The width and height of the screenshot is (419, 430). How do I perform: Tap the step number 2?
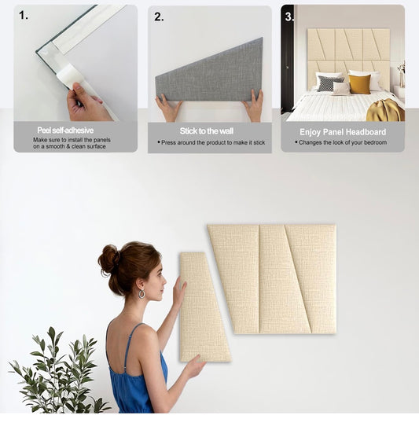tap(160, 16)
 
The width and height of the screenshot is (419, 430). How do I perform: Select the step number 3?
tap(289, 16)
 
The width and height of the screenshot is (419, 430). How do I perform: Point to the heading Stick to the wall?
tap(206, 130)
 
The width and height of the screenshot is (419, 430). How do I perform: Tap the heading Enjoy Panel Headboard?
tap(343, 132)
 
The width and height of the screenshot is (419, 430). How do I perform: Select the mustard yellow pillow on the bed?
tap(359, 83)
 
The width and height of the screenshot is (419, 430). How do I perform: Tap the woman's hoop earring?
tap(141, 293)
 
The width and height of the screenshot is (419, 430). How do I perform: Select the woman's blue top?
tap(138, 377)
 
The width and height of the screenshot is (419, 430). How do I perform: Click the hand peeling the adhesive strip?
tap(85, 103)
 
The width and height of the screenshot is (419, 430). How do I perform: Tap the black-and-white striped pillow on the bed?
tap(325, 83)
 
